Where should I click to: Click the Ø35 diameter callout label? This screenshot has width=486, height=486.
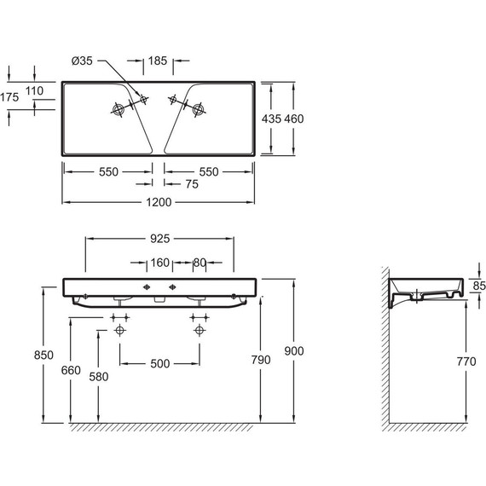82,61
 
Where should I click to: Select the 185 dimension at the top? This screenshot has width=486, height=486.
158,61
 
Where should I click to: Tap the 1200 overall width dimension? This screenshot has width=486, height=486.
159,202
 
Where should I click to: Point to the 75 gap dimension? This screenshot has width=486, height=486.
192,184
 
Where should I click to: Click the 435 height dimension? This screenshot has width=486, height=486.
271,119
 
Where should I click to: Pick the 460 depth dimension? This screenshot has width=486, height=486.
294,119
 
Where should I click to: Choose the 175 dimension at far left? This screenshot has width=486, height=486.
9,97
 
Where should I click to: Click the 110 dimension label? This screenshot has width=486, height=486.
34,91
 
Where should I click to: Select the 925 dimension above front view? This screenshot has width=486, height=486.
160,239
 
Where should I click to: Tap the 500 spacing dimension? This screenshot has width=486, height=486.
160,364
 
